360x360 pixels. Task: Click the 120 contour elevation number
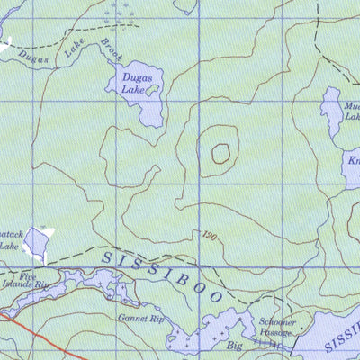click(210, 237)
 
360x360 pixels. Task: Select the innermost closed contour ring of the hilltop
click(220, 153)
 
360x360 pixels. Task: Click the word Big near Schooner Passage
click(235, 345)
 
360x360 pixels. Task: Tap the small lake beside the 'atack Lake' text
click(36, 240)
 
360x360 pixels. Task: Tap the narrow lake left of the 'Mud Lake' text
click(332, 112)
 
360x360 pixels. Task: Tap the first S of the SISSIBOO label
click(107, 258)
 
